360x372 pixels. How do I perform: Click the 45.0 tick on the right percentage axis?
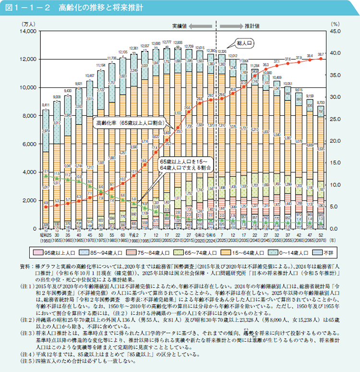tap(336, 31)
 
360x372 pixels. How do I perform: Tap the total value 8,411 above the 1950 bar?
tap(45, 105)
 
